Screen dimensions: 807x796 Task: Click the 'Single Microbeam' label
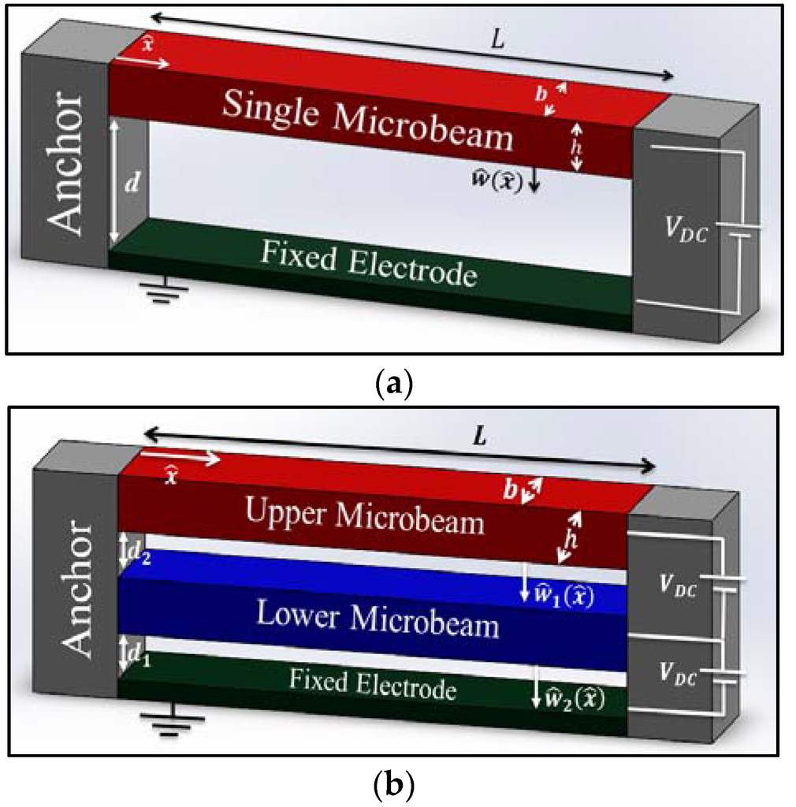367,121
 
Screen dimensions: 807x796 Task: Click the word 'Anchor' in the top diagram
65,165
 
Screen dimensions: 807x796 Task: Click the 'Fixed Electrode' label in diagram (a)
369,263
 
